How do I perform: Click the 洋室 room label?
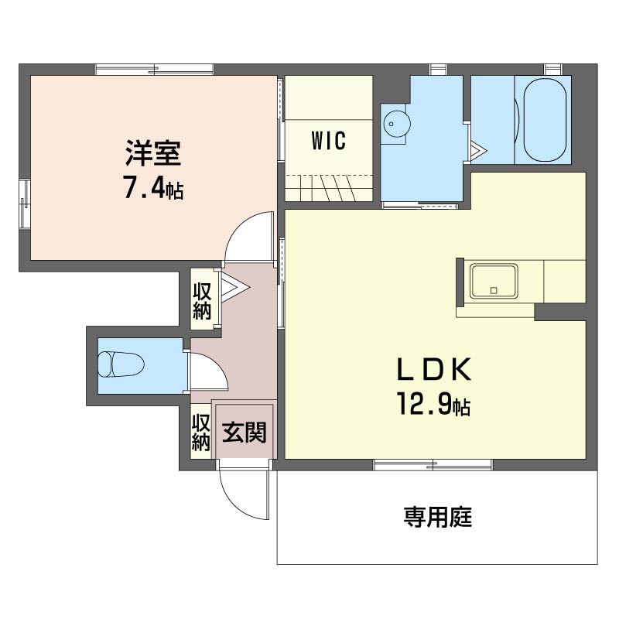click(153, 152)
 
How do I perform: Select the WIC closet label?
click(328, 141)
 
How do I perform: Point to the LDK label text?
click(434, 369)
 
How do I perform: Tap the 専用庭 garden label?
click(437, 517)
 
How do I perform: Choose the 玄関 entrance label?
click(245, 433)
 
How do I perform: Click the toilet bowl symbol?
click(121, 364)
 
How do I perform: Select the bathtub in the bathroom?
click(545, 120)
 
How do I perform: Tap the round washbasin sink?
click(397, 124)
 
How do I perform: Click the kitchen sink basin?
click(494, 282)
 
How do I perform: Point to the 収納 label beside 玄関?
click(201, 433)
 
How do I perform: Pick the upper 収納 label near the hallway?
click(202, 301)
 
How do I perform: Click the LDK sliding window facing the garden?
click(433, 465)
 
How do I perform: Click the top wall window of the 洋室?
click(155, 70)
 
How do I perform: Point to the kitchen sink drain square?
click(494, 291)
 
